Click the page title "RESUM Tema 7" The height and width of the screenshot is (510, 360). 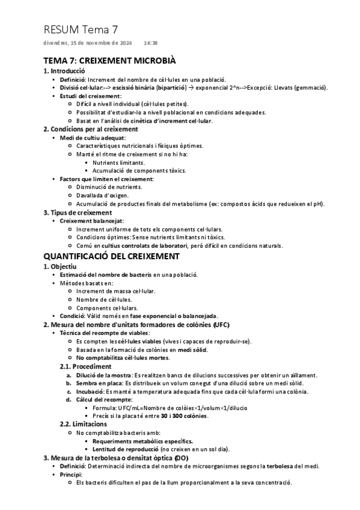click(81, 29)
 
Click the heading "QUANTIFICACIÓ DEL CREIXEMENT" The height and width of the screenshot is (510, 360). click(111, 256)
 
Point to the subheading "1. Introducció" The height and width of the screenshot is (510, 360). click(64, 71)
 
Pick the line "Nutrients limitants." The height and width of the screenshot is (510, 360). click(118, 162)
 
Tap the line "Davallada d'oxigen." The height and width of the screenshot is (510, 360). click(102, 195)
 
